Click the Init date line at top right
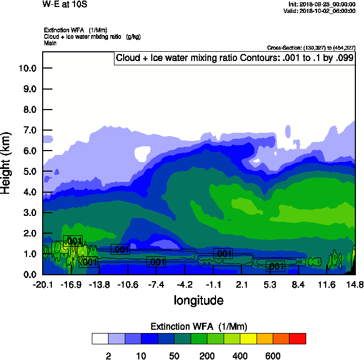click(x=322, y=4)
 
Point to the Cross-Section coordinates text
click(x=311, y=48)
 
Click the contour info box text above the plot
click(x=234, y=58)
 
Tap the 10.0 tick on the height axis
click(x=27, y=69)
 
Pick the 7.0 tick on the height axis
click(x=28, y=130)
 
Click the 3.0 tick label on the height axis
click(x=28, y=213)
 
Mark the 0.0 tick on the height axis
click(x=28, y=274)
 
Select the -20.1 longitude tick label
click(x=43, y=284)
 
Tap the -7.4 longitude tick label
click(x=156, y=284)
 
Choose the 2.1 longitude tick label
click(x=241, y=284)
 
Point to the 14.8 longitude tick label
click(x=354, y=284)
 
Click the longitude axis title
click(x=198, y=300)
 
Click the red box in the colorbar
click(x=298, y=338)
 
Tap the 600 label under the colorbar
click(x=273, y=356)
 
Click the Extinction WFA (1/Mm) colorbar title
click(x=199, y=326)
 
